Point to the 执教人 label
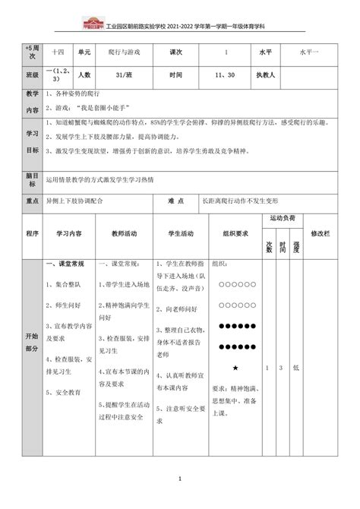266,75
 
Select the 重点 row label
32,203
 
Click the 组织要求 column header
231,233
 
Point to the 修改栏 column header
322,233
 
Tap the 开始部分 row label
32,340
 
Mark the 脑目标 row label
32,179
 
